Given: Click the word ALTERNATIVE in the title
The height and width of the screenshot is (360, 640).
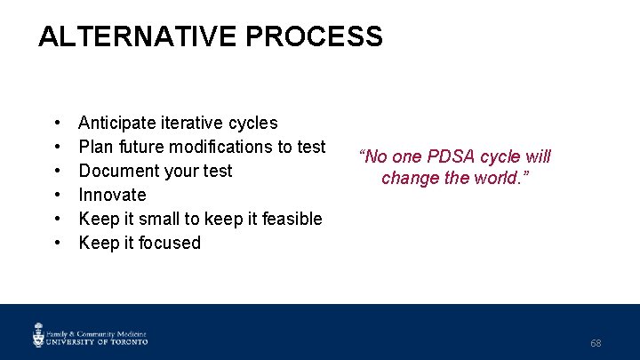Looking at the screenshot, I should [138, 36].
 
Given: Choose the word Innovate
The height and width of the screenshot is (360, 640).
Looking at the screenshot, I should [112, 195].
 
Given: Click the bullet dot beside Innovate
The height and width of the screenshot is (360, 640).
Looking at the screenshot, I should [56, 195].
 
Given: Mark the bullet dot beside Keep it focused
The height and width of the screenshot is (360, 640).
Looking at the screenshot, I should [56, 243].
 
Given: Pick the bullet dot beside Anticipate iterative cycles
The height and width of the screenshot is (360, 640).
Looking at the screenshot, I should [56, 123].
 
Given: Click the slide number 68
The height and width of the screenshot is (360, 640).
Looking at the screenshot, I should [596, 343].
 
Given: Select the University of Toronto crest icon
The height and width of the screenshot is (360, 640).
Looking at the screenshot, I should [38, 334].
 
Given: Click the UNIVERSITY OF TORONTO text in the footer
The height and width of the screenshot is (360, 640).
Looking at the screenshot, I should [98, 340].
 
